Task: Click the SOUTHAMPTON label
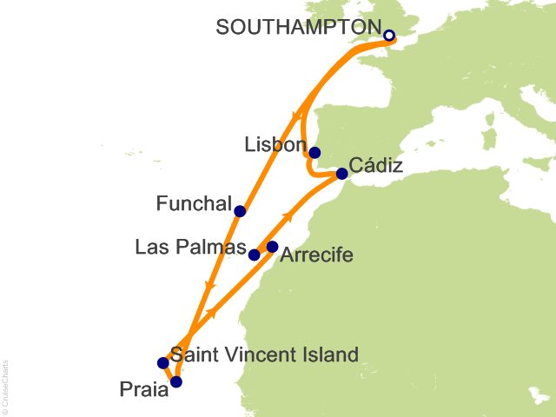tap(298, 28)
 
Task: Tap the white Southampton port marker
tap(389, 36)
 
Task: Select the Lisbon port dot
tap(314, 152)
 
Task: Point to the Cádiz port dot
tap(341, 174)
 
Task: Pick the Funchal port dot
tap(240, 210)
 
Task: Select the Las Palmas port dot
tap(255, 255)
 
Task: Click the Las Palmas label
tap(191, 248)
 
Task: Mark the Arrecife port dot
tap(272, 247)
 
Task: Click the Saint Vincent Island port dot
tap(162, 363)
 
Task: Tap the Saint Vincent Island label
tap(264, 354)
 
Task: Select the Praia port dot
tap(176, 381)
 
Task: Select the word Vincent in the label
tap(258, 354)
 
